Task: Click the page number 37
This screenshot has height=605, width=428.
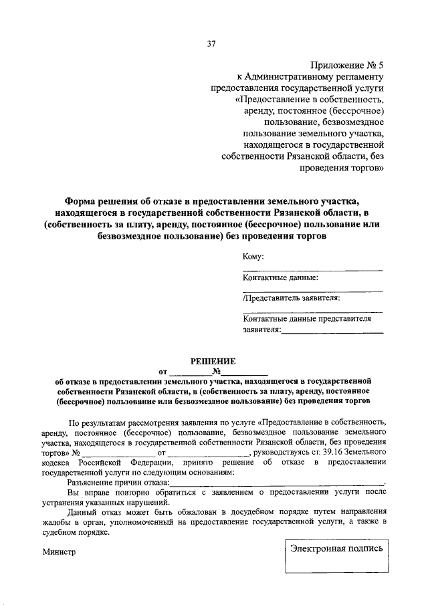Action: [211, 44]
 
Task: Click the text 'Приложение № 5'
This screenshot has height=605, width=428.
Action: [348, 65]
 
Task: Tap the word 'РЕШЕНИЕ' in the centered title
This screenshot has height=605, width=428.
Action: [213, 361]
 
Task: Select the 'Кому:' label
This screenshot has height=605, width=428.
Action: [253, 257]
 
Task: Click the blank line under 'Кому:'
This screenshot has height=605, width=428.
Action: [312, 269]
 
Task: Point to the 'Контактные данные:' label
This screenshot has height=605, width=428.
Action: [280, 278]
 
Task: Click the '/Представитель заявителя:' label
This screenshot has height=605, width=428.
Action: [292, 298]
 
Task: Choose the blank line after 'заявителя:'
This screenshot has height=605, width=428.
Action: [332, 332]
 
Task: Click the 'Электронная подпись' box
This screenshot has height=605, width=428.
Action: [336, 548]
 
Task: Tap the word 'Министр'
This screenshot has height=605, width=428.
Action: [59, 552]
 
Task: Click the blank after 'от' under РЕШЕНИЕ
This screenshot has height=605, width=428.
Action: [189, 373]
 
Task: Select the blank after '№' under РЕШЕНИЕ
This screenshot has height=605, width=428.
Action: [245, 373]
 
